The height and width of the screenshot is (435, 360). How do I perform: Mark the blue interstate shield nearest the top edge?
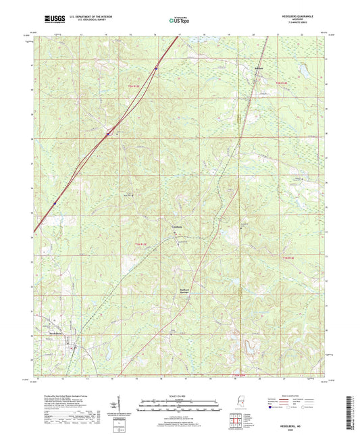click(x=156, y=68)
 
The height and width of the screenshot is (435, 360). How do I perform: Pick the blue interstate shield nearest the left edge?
click(x=54, y=202)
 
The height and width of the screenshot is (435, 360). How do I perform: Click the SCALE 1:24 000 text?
click(x=180, y=396)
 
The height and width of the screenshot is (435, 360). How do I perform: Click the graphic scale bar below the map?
click(x=180, y=403)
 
